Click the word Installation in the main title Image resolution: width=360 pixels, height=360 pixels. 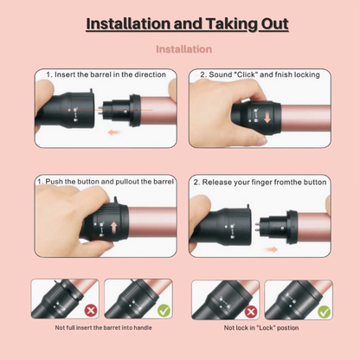point(128,23)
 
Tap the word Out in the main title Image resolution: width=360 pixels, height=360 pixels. point(275,23)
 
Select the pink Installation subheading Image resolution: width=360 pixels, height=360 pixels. point(184,49)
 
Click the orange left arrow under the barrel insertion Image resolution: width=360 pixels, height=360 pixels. point(114,132)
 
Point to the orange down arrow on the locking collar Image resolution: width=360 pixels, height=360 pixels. point(267,118)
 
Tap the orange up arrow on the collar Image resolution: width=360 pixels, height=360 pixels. point(114,228)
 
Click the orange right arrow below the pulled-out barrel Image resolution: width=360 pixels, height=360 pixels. point(271,249)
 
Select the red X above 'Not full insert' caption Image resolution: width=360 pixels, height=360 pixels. point(91,311)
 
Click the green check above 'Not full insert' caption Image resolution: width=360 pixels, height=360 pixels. point(164,311)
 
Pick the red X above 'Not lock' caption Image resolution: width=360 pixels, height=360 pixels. point(251,312)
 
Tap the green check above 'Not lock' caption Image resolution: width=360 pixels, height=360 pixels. point(324,312)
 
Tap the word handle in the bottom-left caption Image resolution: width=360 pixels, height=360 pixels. point(143,328)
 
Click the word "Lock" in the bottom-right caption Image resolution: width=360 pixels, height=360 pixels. point(261,328)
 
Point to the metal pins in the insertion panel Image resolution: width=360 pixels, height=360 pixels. point(100,110)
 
